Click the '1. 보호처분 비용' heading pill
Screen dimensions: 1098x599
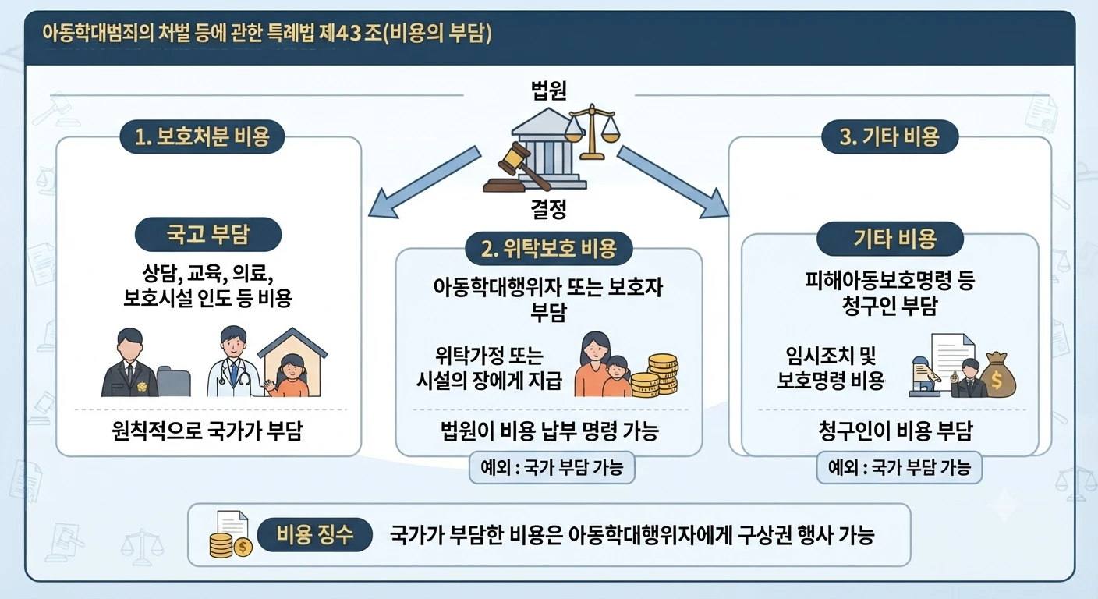(x=202, y=136)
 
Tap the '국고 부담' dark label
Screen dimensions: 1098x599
(x=208, y=234)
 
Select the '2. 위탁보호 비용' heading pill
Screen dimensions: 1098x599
(x=548, y=248)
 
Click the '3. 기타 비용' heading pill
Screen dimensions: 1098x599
(x=890, y=136)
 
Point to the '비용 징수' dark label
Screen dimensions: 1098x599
(x=315, y=534)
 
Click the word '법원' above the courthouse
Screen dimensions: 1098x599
(x=548, y=90)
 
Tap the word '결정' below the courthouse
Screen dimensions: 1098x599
(x=548, y=209)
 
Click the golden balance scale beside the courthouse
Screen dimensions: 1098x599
(x=592, y=131)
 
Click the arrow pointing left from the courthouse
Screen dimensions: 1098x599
(x=424, y=182)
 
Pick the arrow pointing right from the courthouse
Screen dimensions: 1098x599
(x=673, y=182)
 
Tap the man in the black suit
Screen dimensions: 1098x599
(x=129, y=363)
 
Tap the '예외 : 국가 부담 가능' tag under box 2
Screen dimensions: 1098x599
(x=552, y=468)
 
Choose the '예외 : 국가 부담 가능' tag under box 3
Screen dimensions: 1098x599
(x=899, y=468)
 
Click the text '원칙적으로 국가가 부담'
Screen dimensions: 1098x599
(x=207, y=431)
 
